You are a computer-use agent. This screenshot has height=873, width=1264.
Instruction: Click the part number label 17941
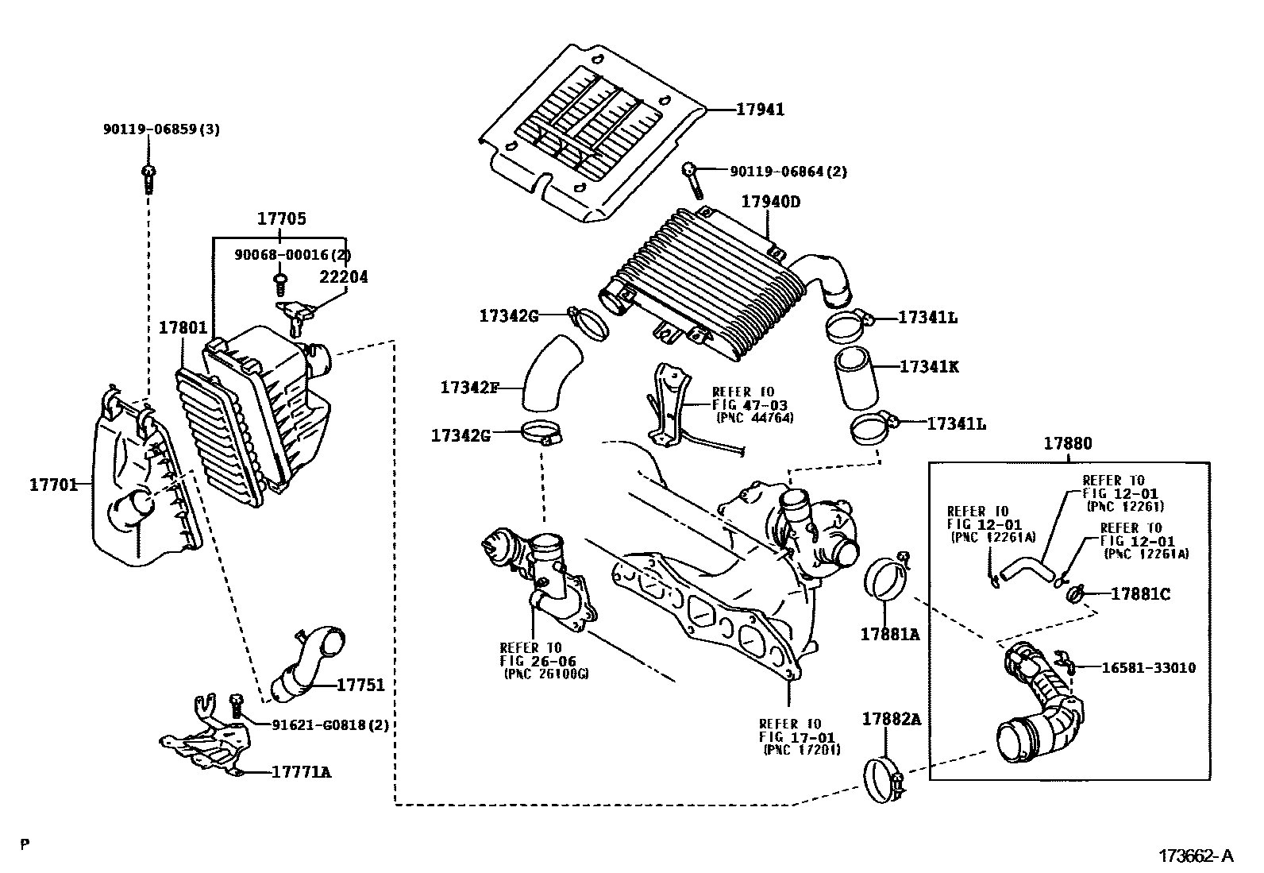coord(759,110)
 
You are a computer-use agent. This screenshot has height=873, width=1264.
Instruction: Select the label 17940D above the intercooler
coord(770,202)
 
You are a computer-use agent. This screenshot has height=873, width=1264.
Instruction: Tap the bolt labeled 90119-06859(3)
coord(148,179)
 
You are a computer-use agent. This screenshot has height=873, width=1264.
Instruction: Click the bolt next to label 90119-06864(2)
coord(692,180)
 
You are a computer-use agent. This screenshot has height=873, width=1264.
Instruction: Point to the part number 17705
coord(280,218)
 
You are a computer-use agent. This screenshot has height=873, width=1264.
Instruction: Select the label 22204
coord(344,277)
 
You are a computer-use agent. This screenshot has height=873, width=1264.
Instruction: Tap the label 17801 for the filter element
coord(183,327)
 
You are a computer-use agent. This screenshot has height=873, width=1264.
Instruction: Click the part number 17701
coord(54,483)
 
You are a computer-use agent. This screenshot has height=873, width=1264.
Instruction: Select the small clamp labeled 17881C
coord(1077,593)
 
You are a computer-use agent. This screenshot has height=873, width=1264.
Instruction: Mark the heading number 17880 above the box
coord(1067,444)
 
